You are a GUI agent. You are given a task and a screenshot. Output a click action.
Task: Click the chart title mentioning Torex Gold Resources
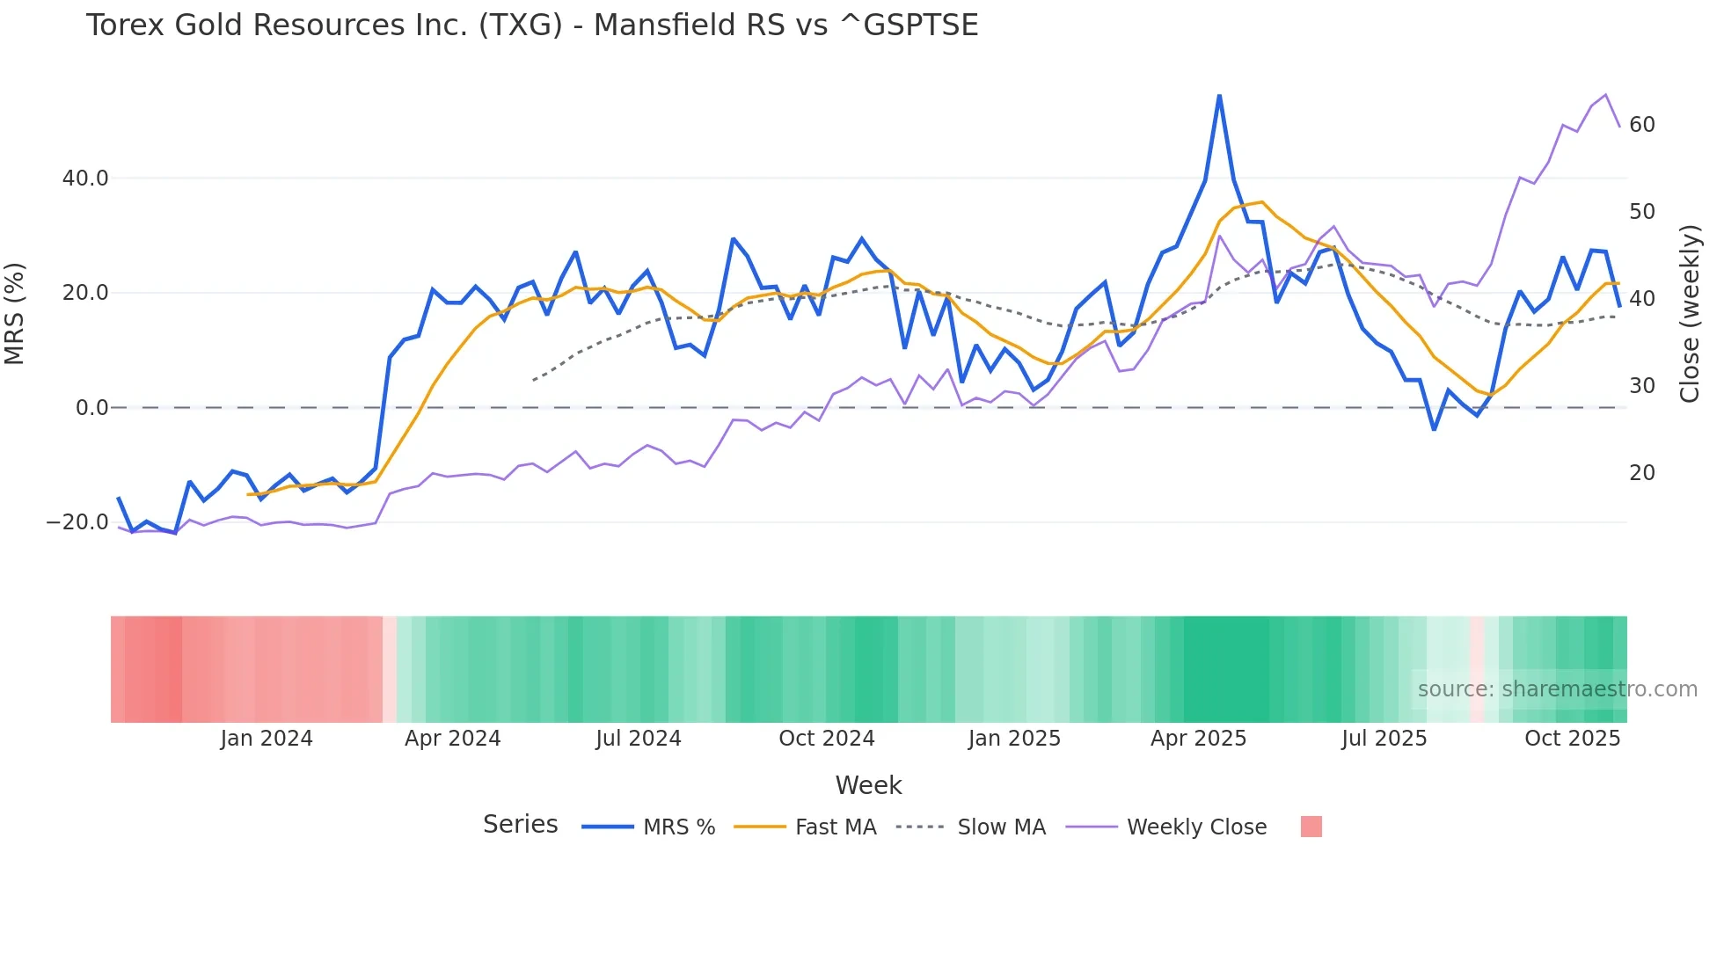[531, 25]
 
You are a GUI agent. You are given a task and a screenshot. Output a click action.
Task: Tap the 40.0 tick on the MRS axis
[85, 178]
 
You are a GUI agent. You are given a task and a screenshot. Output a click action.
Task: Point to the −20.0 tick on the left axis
[77, 522]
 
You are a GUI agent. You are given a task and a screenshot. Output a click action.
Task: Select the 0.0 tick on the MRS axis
[91, 408]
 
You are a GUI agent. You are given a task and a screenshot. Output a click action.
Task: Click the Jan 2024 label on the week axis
[267, 739]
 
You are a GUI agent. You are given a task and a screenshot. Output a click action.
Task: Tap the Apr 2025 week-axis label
[1198, 739]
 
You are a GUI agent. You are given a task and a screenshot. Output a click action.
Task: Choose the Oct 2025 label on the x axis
[1572, 739]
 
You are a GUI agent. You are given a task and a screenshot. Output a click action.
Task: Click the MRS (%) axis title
[15, 313]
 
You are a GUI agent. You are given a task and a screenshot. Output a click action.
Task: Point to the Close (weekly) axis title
[1689, 313]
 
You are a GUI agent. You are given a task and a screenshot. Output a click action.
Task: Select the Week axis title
[868, 785]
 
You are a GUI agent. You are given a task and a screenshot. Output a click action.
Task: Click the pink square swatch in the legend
[1311, 827]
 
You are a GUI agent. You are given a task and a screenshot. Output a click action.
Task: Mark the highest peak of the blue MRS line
[1219, 96]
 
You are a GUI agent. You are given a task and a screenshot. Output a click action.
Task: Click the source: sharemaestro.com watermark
[1557, 689]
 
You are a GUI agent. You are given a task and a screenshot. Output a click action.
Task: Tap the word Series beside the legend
[520, 825]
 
